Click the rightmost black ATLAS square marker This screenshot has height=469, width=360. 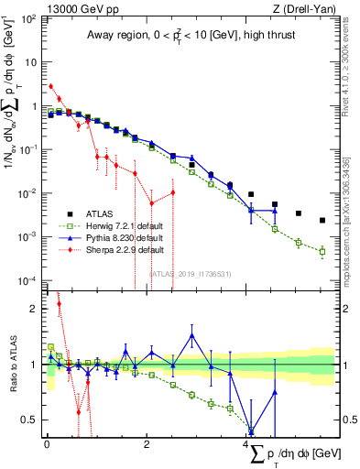click(x=322, y=220)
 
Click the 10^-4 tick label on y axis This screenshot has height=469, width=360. click(x=29, y=279)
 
